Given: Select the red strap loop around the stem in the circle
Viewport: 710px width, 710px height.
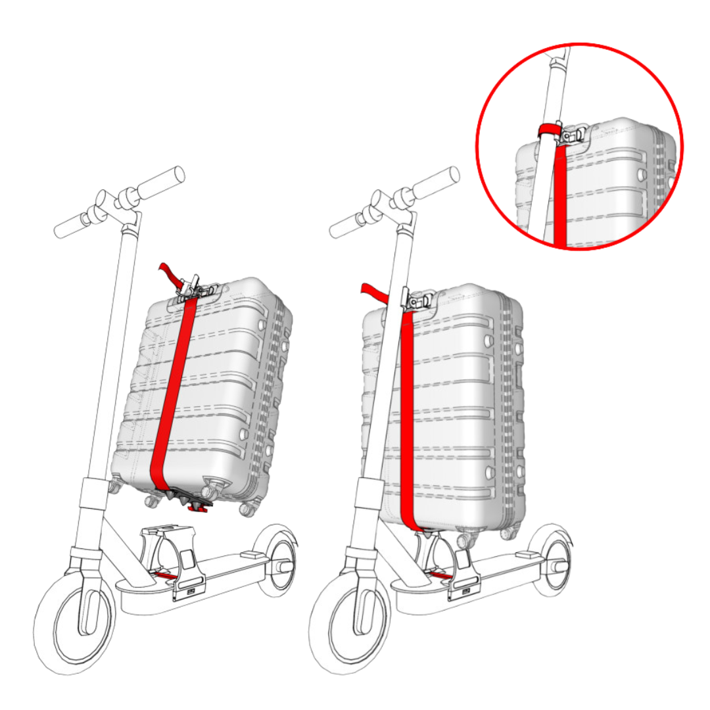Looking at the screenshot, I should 546,130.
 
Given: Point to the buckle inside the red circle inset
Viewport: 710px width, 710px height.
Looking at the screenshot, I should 571,135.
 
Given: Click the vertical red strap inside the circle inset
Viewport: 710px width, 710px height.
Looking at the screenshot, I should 560,197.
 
